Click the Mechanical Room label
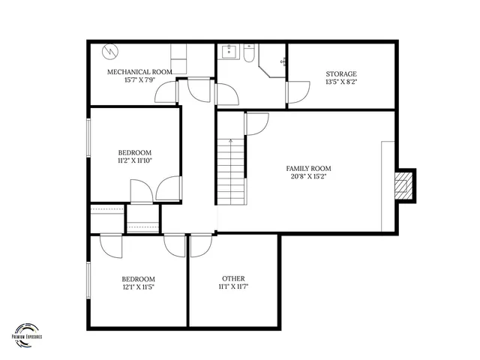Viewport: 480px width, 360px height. coord(139,72)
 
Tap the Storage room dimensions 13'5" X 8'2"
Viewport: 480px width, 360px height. coord(340,83)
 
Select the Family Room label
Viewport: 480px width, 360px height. coord(308,169)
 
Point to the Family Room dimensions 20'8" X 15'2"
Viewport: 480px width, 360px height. coord(308,178)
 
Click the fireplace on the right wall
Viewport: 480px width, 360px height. coord(405,184)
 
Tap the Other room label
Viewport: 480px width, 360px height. coord(232,277)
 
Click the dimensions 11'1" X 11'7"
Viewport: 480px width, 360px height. coord(232,286)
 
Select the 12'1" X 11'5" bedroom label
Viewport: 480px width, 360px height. coord(138,278)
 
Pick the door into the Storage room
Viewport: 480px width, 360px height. coord(298,92)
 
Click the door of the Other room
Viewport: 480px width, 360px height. coord(201,246)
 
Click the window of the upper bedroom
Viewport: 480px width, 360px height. coord(88,139)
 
